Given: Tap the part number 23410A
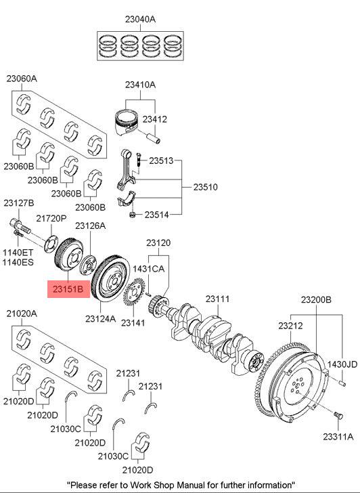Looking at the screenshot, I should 140,85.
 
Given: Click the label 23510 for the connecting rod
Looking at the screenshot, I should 206,186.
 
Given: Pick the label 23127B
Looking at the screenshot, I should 19,203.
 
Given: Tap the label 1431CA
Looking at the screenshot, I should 149,269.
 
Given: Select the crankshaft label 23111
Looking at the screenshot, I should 218,299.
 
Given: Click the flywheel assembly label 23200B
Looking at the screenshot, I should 316,299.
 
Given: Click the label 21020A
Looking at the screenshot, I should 22,314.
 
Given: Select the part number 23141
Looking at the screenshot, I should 133,323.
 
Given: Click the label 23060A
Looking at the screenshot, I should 22,78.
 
